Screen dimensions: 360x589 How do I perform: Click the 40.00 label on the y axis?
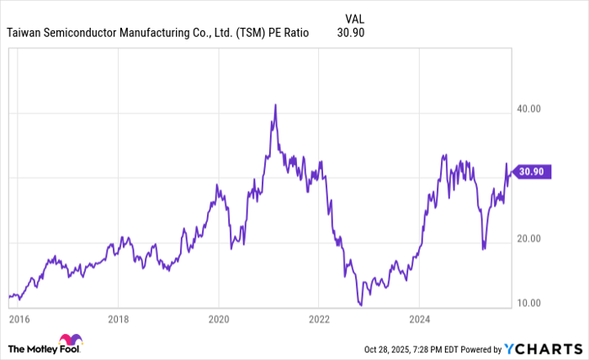[x=528, y=109]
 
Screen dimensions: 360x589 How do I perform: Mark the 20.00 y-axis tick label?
[x=528, y=238]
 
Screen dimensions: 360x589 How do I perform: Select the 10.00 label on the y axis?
[x=528, y=303]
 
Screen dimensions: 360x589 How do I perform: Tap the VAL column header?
[x=355, y=17]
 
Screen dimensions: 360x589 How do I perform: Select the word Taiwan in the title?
[x=27, y=33]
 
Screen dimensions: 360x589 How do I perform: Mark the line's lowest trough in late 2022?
[x=360, y=305]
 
